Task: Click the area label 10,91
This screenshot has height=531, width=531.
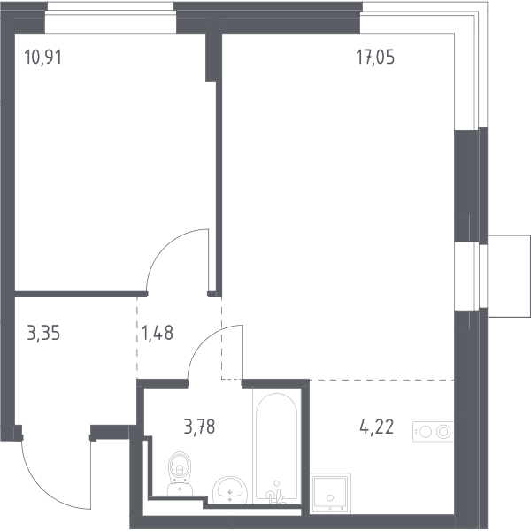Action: pyautogui.click(x=43, y=57)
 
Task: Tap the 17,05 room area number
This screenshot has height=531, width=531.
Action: pyautogui.click(x=375, y=57)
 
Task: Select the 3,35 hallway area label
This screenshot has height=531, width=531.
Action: pyautogui.click(x=43, y=333)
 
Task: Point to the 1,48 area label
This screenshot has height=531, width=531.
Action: pyautogui.click(x=158, y=333)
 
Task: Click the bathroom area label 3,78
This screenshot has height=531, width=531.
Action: pyautogui.click(x=199, y=427)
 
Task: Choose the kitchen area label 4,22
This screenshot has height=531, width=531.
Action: pyautogui.click(x=377, y=427)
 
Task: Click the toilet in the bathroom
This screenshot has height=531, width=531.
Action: pyautogui.click(x=180, y=473)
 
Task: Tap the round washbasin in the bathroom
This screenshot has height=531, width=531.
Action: pyautogui.click(x=230, y=489)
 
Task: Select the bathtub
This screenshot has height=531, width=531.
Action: pyautogui.click(x=277, y=446)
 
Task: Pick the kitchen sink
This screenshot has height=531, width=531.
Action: pyautogui.click(x=330, y=493)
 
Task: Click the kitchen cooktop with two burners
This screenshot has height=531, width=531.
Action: pyautogui.click(x=433, y=432)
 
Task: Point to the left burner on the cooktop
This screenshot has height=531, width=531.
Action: pyautogui.click(x=426, y=432)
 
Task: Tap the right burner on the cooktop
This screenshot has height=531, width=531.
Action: pyautogui.click(x=443, y=432)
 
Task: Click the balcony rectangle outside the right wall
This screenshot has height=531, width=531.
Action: pyautogui.click(x=509, y=276)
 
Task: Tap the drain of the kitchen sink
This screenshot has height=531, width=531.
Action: pyautogui.click(x=330, y=497)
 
